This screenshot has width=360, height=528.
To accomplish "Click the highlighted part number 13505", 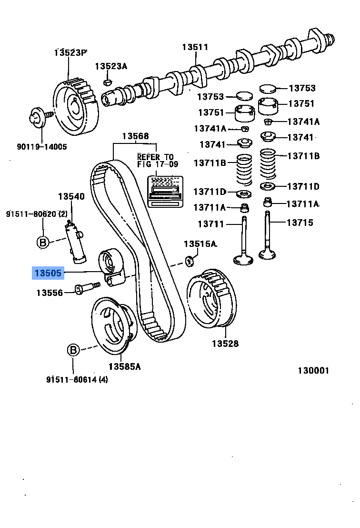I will tap(48, 274).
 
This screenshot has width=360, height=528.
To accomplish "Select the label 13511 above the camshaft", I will tap(195, 47).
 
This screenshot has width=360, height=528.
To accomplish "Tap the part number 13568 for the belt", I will tap(135, 136).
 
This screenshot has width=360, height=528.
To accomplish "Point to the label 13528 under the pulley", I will tap(225, 344).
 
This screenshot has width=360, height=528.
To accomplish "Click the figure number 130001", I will tap(313, 371).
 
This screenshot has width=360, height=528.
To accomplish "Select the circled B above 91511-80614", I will tap(73, 351).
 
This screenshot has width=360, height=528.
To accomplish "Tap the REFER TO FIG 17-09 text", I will tap(155, 161).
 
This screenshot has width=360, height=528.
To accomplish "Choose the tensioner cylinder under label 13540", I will tap(76, 242).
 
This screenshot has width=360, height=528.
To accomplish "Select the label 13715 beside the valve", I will tap(300, 223).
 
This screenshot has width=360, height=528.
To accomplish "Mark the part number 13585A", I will tap(124, 366).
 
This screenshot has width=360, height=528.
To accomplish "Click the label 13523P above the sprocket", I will tap(70, 52).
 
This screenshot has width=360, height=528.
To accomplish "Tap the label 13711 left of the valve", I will tap(211, 223).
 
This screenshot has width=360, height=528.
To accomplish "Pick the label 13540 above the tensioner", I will tap(71, 196).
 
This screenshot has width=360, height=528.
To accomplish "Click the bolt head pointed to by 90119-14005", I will tap(36, 116).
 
